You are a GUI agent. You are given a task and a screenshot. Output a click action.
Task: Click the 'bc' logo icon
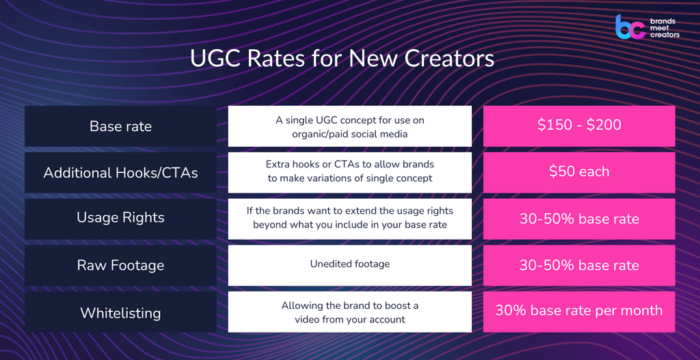[630, 27]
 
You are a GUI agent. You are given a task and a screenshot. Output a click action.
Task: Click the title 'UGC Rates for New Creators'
[342, 59]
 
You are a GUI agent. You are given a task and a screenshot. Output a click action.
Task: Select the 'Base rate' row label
[120, 126]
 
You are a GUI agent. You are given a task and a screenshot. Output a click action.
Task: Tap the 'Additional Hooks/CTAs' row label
[120, 172]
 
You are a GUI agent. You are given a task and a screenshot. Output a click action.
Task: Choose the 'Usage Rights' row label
[120, 218]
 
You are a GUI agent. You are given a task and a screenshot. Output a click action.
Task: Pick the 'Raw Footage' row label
[120, 265]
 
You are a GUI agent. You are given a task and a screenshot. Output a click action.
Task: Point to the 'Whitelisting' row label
[120, 313]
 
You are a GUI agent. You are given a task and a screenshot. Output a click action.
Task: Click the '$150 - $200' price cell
[579, 126]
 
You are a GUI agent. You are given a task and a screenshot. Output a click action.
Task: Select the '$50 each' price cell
[579, 172]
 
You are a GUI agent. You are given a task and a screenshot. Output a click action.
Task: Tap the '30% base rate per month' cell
[579, 311]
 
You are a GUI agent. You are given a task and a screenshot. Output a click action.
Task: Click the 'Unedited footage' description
[349, 265]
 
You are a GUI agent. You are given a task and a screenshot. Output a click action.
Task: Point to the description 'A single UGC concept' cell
[349, 127]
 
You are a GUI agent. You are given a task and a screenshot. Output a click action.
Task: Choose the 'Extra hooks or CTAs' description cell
[349, 171]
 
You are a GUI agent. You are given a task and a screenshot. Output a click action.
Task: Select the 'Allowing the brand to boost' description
[349, 312]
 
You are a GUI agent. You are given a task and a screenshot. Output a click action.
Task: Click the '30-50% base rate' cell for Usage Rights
[579, 219]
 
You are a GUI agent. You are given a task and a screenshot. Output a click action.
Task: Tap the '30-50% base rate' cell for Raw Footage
[579, 265]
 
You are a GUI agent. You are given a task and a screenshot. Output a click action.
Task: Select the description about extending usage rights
[349, 217]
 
